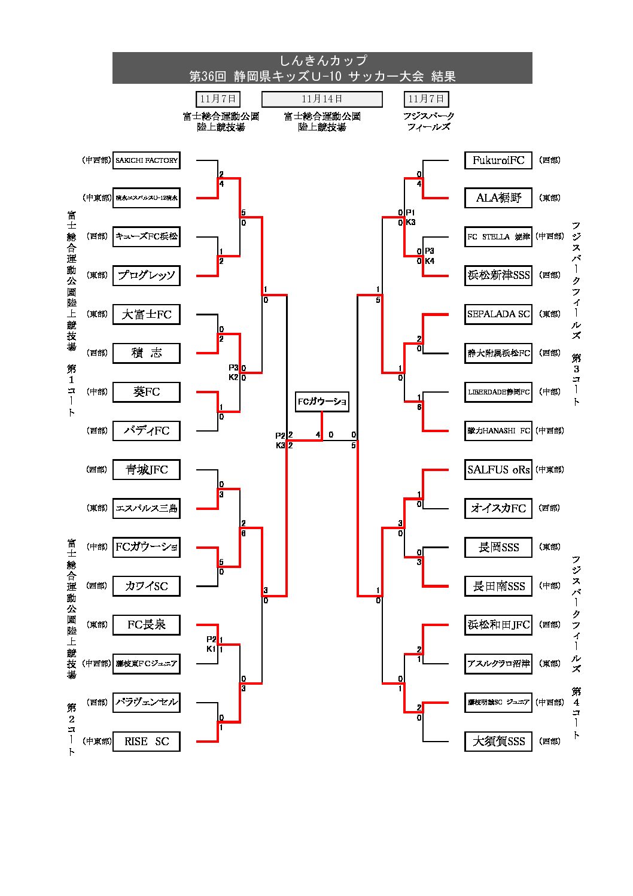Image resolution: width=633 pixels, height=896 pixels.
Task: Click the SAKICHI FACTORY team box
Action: [x=147, y=160]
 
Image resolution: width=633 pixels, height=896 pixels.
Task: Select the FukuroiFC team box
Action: [x=498, y=160]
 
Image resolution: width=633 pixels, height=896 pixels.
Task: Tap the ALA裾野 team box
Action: [x=498, y=198]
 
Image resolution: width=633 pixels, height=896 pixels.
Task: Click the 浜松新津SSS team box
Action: [x=498, y=275]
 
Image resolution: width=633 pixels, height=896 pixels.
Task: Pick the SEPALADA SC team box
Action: [x=498, y=314]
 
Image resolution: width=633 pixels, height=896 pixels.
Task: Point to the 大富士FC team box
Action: [x=147, y=314]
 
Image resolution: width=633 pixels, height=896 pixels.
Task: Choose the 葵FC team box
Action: [x=147, y=392]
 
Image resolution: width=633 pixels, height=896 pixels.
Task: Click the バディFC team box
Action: [x=147, y=431]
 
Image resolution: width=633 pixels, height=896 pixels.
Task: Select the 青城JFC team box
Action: [x=147, y=470]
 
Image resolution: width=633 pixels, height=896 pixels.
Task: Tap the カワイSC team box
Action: [x=147, y=586]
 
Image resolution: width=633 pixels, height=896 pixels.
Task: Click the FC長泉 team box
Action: [x=147, y=625]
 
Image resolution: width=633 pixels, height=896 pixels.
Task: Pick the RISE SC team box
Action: [x=147, y=742]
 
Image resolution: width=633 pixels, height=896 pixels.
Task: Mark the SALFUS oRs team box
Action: [x=498, y=470]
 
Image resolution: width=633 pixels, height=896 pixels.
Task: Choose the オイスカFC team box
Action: [x=498, y=508]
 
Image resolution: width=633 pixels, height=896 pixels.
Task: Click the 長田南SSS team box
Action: [x=498, y=586]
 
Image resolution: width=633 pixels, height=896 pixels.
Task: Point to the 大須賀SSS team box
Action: [x=498, y=742]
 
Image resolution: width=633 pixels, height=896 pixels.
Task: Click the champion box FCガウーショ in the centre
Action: [x=322, y=402]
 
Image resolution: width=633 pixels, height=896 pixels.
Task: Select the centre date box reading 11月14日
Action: [x=322, y=99]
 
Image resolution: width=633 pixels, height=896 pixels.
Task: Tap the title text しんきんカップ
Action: [x=322, y=60]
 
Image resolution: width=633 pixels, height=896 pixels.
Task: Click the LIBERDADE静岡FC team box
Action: [x=498, y=392]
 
